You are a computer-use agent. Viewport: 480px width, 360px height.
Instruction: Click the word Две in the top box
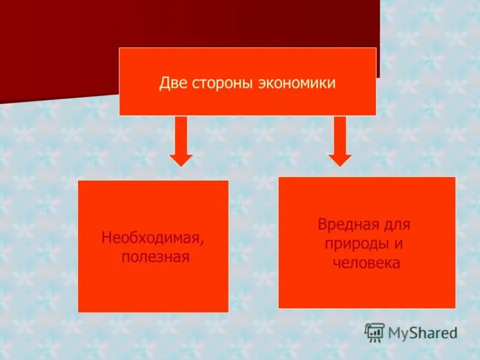172,83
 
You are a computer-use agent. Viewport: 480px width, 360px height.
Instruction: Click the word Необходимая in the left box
151,238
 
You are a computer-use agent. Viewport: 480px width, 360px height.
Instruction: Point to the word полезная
155,257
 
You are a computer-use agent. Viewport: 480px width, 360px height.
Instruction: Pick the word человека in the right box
367,263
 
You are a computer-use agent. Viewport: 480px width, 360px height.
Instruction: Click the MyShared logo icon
374,332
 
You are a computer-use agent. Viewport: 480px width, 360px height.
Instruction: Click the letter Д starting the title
164,83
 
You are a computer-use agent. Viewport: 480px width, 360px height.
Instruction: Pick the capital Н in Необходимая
106,238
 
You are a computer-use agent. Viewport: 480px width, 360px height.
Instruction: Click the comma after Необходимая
202,242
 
